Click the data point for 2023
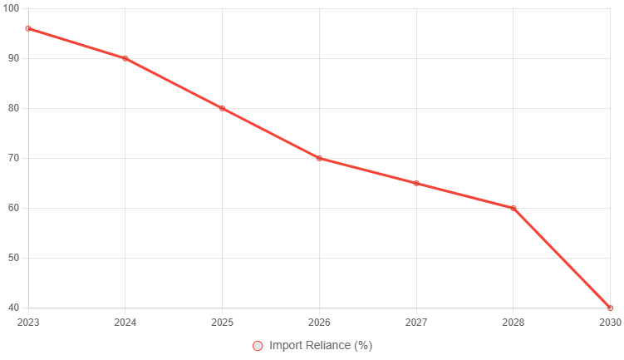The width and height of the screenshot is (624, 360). [28, 28]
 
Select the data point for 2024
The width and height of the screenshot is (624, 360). [125, 58]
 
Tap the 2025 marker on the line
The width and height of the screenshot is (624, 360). [222, 108]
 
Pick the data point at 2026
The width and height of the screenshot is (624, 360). [319, 158]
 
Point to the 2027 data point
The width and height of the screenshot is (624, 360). [416, 183]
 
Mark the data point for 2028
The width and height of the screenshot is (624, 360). [513, 208]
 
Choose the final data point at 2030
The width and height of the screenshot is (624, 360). [610, 308]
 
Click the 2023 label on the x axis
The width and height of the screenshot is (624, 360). [28, 322]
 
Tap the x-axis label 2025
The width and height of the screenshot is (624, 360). [222, 322]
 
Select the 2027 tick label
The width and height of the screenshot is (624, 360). [416, 322]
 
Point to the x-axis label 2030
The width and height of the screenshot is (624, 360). [610, 322]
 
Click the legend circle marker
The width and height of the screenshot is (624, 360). [258, 346]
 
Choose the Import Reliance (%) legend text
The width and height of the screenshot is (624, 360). [321, 346]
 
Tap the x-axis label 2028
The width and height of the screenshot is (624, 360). [513, 322]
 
